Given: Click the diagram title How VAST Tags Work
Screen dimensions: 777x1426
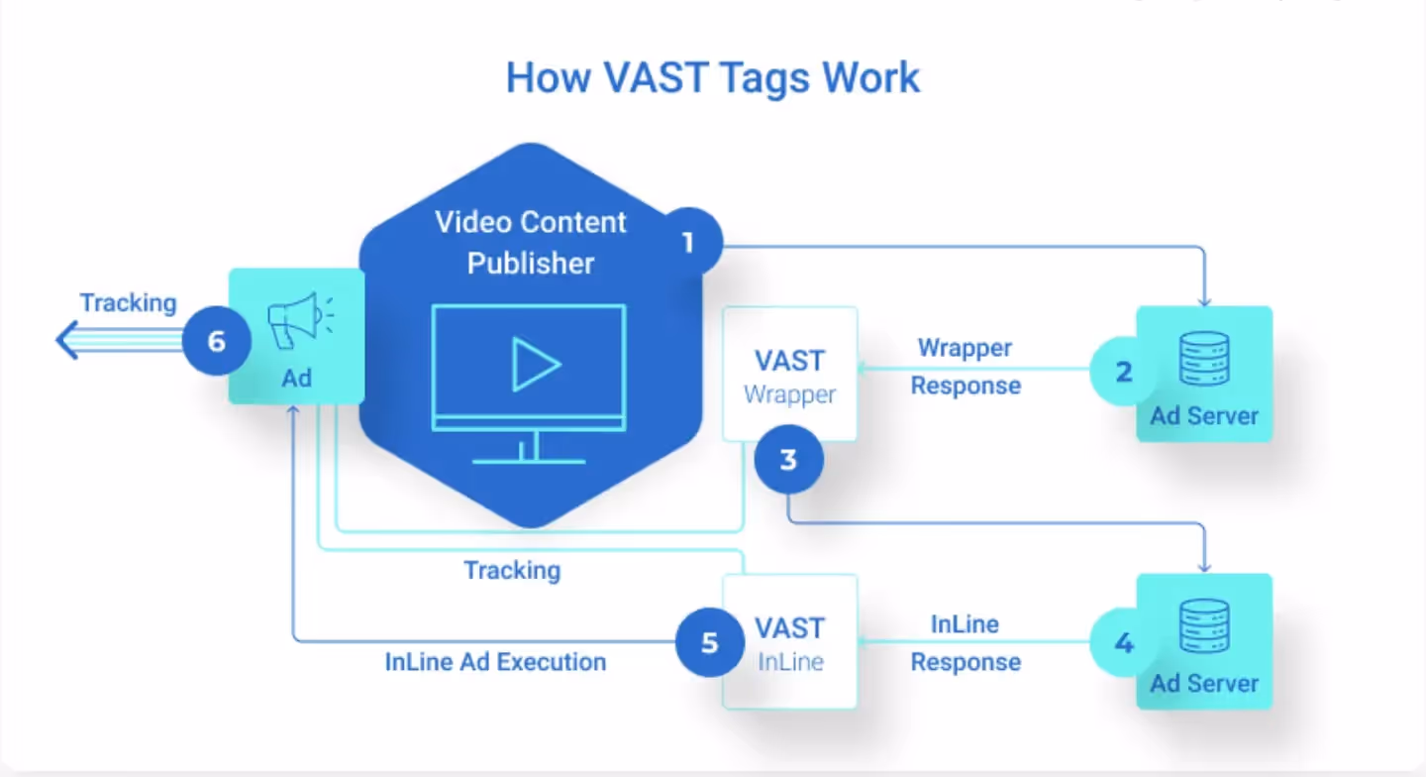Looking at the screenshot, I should [713, 78].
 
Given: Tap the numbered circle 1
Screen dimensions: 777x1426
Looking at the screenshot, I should [687, 242].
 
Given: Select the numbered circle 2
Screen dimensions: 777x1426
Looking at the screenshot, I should [1123, 373].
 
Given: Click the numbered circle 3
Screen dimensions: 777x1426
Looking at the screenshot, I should [788, 460].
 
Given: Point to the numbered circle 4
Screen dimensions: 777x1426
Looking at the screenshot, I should [1123, 643].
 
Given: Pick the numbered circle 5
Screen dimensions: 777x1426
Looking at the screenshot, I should [709, 642].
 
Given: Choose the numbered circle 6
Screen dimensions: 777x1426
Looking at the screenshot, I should [217, 342].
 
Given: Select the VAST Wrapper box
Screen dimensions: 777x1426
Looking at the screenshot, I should [789, 375].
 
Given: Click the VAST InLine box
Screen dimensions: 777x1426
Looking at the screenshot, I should [789, 642].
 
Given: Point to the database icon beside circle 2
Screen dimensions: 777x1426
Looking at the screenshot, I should [1204, 358].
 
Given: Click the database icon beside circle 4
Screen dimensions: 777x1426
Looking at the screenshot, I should [1204, 626].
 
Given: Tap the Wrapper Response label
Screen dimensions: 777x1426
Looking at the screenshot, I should [966, 367].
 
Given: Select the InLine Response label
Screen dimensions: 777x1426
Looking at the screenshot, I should [966, 643].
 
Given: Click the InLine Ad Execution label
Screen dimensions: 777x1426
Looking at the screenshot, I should [495, 661].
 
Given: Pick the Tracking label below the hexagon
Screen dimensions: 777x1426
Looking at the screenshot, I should [512, 570].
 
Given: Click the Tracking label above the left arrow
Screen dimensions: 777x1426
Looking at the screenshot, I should [128, 302].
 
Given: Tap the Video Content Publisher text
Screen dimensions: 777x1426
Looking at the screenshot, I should [531, 242].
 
